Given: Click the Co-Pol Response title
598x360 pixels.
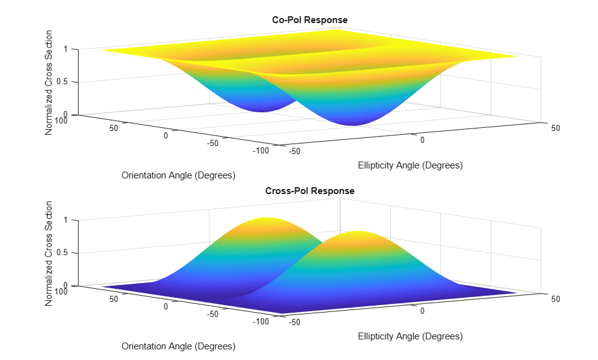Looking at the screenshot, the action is tap(310, 20).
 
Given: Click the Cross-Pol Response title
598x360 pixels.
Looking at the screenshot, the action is tap(310, 191).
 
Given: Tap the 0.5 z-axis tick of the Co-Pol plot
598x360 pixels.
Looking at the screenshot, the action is tap(62, 82).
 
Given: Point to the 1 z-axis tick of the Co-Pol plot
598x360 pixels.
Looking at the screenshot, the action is tap(65, 49).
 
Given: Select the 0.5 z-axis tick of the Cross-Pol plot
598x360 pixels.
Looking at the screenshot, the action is tap(62, 253).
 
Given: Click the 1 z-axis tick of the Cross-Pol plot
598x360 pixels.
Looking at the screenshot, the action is tap(65, 220).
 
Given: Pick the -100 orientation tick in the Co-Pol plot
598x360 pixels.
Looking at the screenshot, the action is tap(261, 150).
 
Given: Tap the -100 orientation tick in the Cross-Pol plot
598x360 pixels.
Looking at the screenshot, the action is tap(261, 321).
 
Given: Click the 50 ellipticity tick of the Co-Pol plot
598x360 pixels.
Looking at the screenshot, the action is tap(555, 129).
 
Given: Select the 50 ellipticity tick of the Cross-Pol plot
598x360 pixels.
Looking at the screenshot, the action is tap(555, 299).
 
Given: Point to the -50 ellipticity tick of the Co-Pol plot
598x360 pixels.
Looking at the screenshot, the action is tap(294, 152).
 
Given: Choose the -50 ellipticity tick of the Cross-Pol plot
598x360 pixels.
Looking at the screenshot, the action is tap(294, 323).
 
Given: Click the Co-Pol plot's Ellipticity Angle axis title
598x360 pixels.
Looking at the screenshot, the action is tap(410, 165).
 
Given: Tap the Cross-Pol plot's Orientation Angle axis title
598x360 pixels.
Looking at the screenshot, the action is tap(178, 346).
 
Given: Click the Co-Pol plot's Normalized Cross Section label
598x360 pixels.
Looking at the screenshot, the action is tap(49, 82).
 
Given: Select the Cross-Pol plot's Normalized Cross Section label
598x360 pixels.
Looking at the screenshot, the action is tap(49, 253).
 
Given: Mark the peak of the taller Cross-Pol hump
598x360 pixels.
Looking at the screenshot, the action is tap(267, 218).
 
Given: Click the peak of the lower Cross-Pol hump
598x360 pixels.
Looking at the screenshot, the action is tap(358, 231).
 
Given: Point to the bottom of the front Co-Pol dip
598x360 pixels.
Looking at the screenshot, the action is tap(354, 125).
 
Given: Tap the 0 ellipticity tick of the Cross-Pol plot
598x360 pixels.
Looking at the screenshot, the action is tap(422, 311).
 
